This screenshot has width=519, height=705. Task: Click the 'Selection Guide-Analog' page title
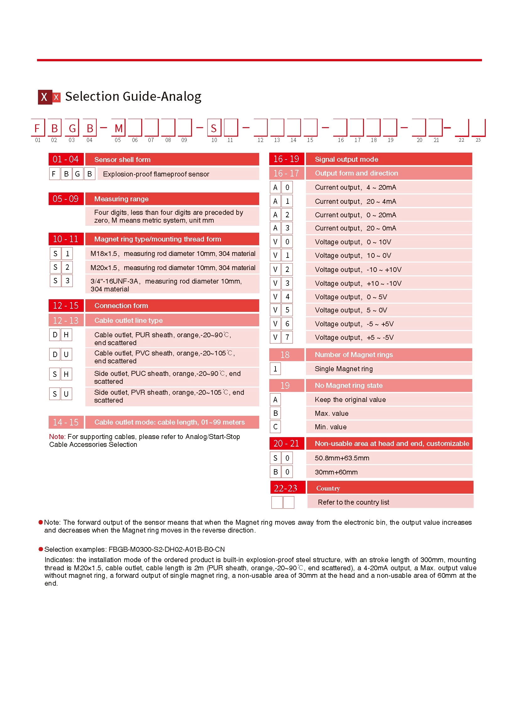point(133,96)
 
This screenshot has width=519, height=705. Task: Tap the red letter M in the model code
point(118,128)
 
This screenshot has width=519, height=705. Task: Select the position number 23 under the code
point(478,140)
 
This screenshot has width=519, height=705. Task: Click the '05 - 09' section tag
point(66,199)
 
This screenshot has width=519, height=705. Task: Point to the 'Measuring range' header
point(121,199)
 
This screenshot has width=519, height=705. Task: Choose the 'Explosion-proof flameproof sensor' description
point(156,174)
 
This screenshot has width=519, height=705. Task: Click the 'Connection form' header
point(121,305)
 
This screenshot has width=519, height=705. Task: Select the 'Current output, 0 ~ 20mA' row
point(355,215)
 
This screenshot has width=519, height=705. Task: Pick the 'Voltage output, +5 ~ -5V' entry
point(354,337)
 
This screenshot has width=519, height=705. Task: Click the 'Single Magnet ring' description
point(343,369)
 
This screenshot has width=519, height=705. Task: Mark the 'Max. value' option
point(331,413)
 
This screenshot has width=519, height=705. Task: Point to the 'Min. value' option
point(330,427)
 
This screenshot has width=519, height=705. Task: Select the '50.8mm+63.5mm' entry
point(342,458)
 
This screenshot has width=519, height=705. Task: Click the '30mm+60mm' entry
point(336,472)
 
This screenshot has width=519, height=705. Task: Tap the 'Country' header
point(328,488)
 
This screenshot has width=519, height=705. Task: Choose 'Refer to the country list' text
point(353,502)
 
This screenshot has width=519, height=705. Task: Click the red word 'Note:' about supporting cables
point(57,437)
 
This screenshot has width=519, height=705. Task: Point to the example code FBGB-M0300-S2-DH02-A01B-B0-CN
point(167,549)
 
